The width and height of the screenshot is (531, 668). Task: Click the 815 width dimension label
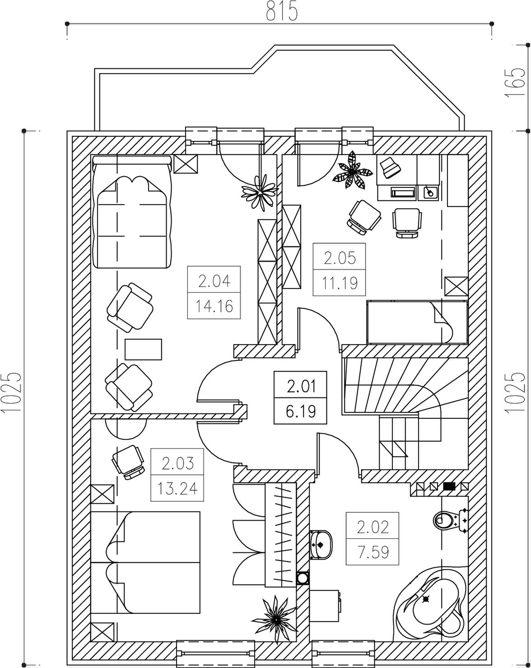tap(282, 11)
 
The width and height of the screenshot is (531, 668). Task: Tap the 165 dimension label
tap(514, 82)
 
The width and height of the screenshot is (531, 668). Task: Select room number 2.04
tap(214, 281)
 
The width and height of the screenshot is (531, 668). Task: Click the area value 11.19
tap(340, 283)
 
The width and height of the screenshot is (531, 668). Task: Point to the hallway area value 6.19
tap(301, 411)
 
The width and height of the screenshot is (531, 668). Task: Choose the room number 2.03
tap(177, 463)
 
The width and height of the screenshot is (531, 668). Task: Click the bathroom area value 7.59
tap(373, 552)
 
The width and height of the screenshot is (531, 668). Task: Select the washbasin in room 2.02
tap(321, 544)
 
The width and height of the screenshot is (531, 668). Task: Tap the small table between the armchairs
tap(144, 349)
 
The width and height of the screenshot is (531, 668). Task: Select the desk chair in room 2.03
tap(129, 461)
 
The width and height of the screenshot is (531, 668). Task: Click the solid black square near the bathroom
tap(449, 486)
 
